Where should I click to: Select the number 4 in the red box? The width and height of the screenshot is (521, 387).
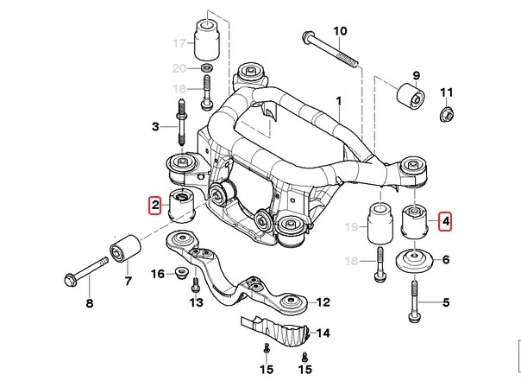(x=445, y=223)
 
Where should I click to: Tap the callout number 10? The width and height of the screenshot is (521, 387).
(x=340, y=31)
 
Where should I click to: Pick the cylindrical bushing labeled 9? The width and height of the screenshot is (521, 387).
(x=409, y=94)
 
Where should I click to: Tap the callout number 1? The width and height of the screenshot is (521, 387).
(x=339, y=100)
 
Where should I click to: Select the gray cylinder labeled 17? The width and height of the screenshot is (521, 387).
(x=207, y=35)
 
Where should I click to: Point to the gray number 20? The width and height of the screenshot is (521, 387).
(x=179, y=68)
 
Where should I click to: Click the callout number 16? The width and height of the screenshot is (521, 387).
(x=158, y=274)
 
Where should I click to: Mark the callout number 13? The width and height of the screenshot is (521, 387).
(x=196, y=304)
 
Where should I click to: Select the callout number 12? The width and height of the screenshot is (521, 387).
(x=323, y=302)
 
